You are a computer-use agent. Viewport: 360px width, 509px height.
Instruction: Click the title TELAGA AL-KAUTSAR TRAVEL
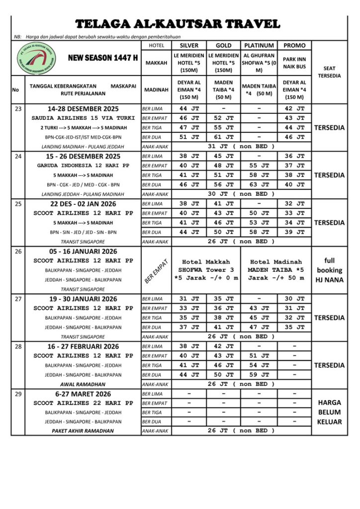coord(178,24)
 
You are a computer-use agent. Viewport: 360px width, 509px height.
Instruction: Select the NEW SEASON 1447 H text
coord(103,58)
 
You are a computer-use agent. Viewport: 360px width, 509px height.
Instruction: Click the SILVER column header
coord(189,45)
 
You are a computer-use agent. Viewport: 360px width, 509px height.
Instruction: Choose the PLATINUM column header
coord(259,45)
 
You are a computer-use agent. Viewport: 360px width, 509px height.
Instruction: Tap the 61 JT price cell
coord(224,137)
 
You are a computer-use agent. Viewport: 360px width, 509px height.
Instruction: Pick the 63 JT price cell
coord(259,184)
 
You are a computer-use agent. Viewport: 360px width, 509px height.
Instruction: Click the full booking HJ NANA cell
coord(329,270)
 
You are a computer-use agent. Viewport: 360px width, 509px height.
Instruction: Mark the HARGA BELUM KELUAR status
coord(329,413)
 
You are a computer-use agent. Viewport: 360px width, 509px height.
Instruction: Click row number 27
coord(18,299)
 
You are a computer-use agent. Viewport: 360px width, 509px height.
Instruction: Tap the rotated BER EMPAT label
coord(156,270)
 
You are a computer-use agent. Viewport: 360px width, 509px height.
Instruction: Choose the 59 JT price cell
coord(259,375)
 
